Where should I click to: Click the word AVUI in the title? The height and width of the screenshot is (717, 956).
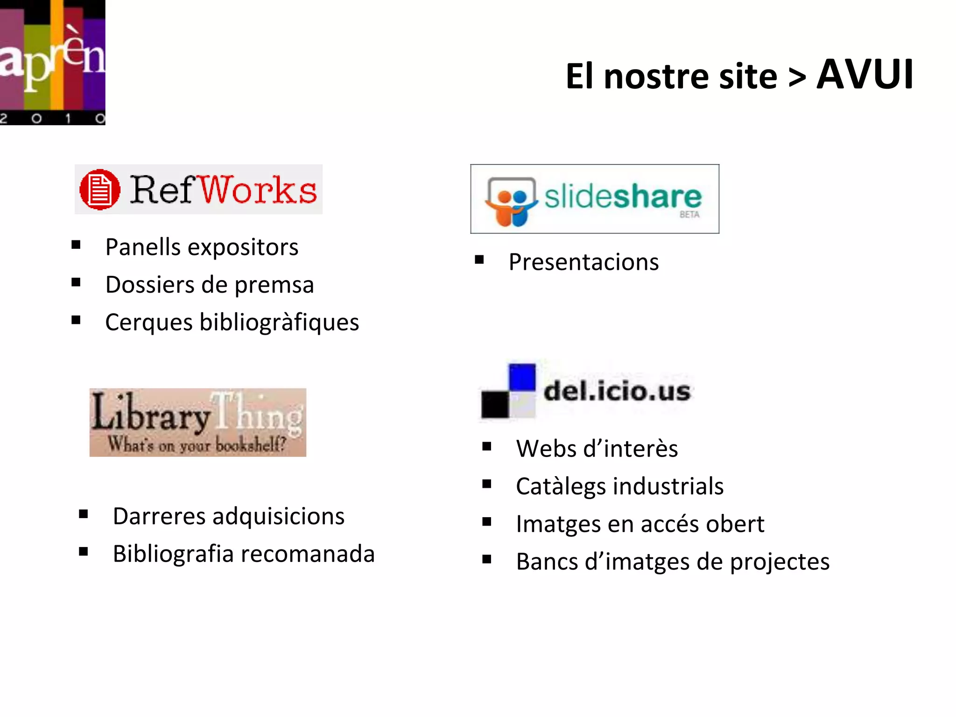pyautogui.click(x=865, y=75)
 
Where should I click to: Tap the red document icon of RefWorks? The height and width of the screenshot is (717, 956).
pyautogui.click(x=99, y=190)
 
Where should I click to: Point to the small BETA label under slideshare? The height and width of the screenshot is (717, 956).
pyautogui.click(x=689, y=215)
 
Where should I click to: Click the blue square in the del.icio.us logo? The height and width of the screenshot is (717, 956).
pyautogui.click(x=522, y=376)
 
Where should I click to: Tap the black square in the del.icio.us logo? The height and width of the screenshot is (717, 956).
pyautogui.click(x=495, y=404)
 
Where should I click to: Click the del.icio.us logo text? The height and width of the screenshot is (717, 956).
pyautogui.click(x=617, y=391)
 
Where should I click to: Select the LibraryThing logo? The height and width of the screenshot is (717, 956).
pyautogui.click(x=197, y=422)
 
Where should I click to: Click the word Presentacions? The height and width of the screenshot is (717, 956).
pyautogui.click(x=583, y=262)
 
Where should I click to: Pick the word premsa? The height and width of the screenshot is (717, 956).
pyautogui.click(x=274, y=285)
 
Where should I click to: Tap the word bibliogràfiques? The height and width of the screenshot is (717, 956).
pyautogui.click(x=279, y=323)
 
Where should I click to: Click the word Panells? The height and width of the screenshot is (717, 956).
pyautogui.click(x=143, y=247)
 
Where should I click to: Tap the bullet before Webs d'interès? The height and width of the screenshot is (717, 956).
pyautogui.click(x=487, y=447)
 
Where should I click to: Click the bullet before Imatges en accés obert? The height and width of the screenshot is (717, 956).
pyautogui.click(x=487, y=522)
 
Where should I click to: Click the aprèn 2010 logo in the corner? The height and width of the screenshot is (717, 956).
pyautogui.click(x=52, y=62)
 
